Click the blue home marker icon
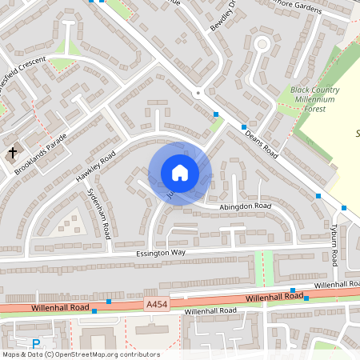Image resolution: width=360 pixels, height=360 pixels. (179, 173)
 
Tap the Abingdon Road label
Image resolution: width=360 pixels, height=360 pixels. (246, 206)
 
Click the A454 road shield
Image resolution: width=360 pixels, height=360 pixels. (156, 304)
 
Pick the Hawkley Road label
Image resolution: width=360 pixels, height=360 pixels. (96, 164)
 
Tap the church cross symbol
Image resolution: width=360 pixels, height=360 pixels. (13, 151)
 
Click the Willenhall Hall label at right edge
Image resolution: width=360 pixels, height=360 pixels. (336, 285)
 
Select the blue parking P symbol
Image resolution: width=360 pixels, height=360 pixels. (36, 344)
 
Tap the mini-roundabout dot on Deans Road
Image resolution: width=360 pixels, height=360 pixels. (198, 93)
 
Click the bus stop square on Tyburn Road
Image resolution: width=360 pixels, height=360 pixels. (345, 208)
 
